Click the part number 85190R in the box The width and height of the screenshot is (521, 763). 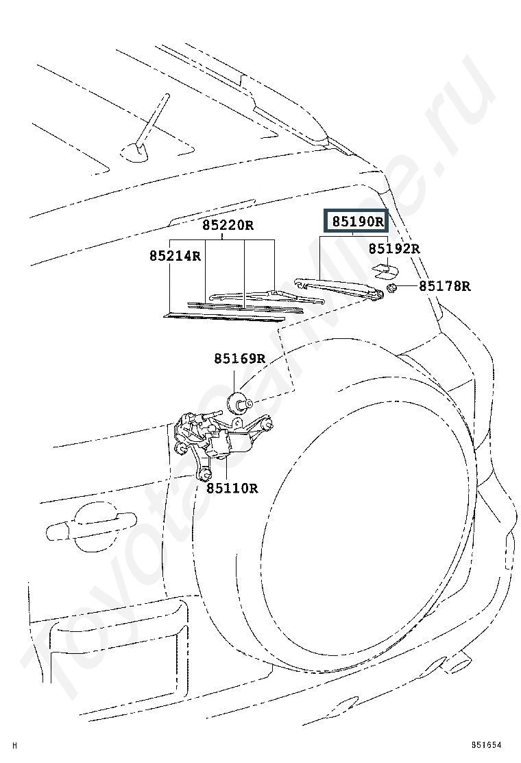(356, 222)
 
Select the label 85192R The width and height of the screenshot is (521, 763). (393, 248)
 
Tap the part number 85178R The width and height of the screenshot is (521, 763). (445, 286)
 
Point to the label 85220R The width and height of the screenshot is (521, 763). (228, 225)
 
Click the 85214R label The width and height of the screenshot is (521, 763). (175, 256)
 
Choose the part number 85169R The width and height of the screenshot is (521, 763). (239, 358)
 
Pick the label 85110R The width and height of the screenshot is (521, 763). (232, 488)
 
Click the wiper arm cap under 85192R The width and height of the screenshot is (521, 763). (384, 270)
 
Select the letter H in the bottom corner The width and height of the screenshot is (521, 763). (15, 745)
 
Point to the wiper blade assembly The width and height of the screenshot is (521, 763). (254, 296)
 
